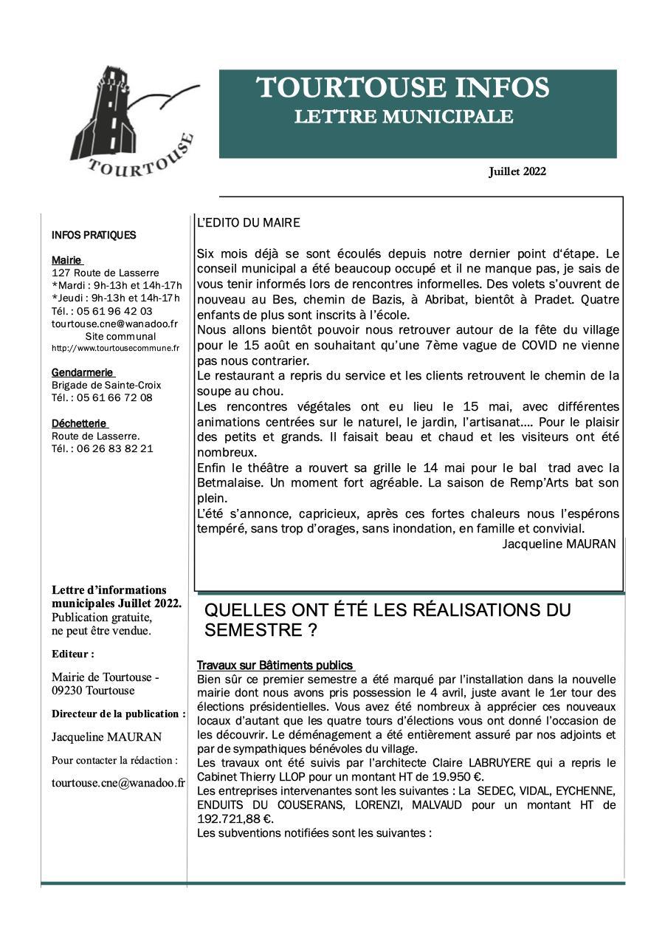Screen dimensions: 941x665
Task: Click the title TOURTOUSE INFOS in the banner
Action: (x=402, y=88)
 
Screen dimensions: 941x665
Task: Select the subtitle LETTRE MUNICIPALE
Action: (x=403, y=117)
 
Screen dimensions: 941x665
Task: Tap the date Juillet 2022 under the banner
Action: (x=517, y=172)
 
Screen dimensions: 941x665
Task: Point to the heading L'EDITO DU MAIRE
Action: (x=248, y=222)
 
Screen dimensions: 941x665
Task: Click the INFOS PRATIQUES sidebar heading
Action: (x=94, y=236)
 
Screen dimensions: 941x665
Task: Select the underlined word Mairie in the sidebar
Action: (x=66, y=261)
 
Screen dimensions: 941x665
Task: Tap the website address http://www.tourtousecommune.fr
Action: (x=115, y=348)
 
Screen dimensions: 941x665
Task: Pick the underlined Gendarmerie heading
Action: (x=83, y=372)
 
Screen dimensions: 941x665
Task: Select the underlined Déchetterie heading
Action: (x=79, y=423)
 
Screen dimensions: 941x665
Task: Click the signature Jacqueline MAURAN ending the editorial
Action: (x=559, y=544)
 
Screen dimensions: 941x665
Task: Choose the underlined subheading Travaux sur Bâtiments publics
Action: (x=275, y=665)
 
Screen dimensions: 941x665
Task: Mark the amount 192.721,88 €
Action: (x=235, y=819)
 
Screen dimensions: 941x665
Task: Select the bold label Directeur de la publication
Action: (x=118, y=714)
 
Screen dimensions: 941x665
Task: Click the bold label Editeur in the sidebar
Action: (x=72, y=654)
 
